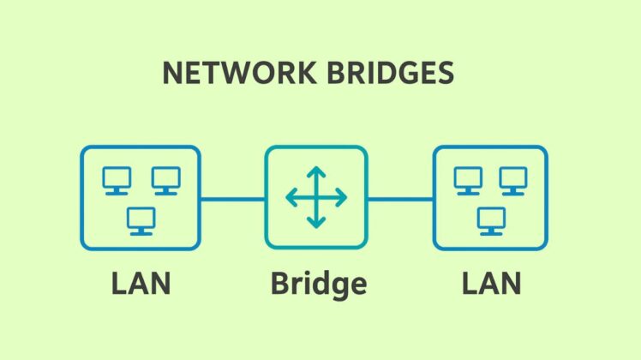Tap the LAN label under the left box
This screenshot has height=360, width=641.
[141, 283]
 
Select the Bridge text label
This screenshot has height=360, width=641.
[318, 283]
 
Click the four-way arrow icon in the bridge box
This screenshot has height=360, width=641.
[316, 198]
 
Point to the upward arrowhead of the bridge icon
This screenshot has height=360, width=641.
[316, 171]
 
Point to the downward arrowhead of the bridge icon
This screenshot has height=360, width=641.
[316, 225]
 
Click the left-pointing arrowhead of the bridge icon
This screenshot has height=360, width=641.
[290, 198]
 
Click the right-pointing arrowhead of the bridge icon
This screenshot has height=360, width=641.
[343, 198]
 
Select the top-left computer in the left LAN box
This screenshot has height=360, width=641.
[117, 179]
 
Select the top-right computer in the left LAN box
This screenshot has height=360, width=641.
[165, 179]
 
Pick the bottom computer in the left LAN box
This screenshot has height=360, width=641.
[141, 220]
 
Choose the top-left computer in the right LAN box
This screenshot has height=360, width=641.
[468, 179]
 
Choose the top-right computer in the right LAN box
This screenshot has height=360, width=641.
[514, 179]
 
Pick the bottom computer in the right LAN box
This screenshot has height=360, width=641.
[491, 220]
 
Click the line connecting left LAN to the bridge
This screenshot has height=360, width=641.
[232, 199]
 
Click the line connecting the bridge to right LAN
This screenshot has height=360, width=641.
[400, 199]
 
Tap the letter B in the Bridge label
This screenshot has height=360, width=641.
[279, 283]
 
